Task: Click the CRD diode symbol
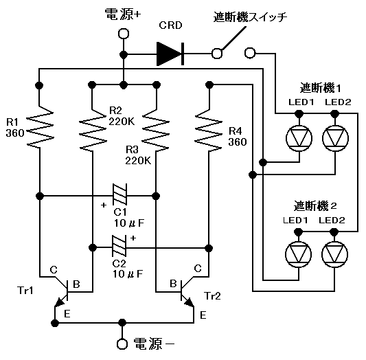click(x=170, y=54)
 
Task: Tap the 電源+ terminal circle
click(x=124, y=34)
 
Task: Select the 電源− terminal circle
click(x=122, y=344)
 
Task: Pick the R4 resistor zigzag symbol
click(x=208, y=130)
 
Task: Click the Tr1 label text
click(x=25, y=291)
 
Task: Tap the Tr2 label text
click(x=212, y=296)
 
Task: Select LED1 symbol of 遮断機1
click(x=299, y=138)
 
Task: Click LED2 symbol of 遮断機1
click(x=335, y=138)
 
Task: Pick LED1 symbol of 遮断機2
click(x=298, y=254)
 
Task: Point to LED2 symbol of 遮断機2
click(x=334, y=254)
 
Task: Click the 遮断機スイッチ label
click(x=250, y=16)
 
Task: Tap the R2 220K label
click(x=122, y=116)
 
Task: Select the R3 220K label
click(x=138, y=155)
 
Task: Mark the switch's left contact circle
click(x=217, y=54)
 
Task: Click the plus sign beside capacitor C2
click(x=133, y=238)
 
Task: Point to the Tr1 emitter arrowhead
click(x=59, y=303)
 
